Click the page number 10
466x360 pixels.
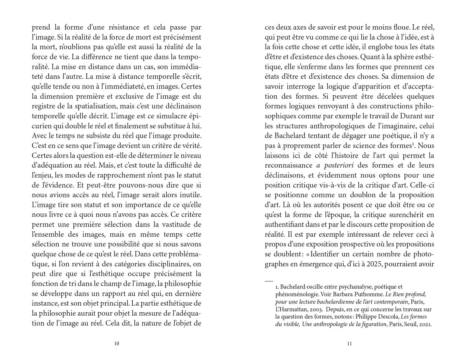pyautogui.click(x=116, y=343)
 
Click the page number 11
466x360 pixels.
pyautogui.click(x=349, y=343)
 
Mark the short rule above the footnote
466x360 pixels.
pyautogui.click(x=269, y=281)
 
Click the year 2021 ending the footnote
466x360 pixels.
pyautogui.click(x=425, y=324)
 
